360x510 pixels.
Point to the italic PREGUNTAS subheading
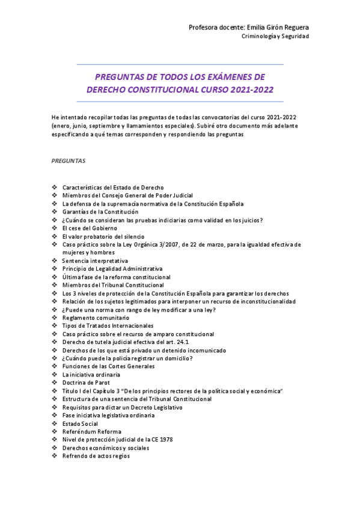[x=68, y=161]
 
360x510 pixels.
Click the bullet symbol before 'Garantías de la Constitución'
[x=55, y=212]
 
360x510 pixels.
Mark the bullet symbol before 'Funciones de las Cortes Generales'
[x=55, y=366]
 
